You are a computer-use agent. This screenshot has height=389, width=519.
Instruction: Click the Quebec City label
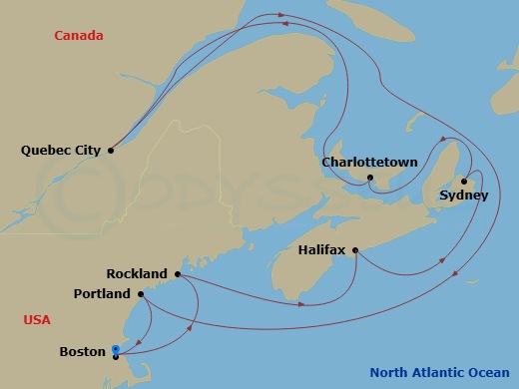coord(60,151)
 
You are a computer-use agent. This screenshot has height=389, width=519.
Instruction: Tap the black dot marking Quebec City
coord(111,151)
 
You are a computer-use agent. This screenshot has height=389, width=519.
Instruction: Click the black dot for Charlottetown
coord(369,178)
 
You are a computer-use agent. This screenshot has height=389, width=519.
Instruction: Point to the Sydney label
coord(463,195)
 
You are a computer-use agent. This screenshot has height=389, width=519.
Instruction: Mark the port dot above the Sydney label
coord(464,181)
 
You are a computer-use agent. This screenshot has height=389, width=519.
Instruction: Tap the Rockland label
coord(137,273)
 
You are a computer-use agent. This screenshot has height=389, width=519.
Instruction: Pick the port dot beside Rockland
coord(177,273)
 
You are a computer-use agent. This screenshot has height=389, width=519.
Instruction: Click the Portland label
coord(102,294)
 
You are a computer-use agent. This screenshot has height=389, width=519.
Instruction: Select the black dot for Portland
coord(141,294)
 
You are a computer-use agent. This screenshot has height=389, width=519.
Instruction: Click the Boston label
coord(82,352)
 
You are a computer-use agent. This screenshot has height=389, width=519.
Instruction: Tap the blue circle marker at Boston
coord(117,349)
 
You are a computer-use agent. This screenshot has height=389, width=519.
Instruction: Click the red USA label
coord(37,319)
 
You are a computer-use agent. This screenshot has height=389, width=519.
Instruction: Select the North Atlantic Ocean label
coord(440,373)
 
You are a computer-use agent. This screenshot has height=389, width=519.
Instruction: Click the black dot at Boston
coord(117,356)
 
